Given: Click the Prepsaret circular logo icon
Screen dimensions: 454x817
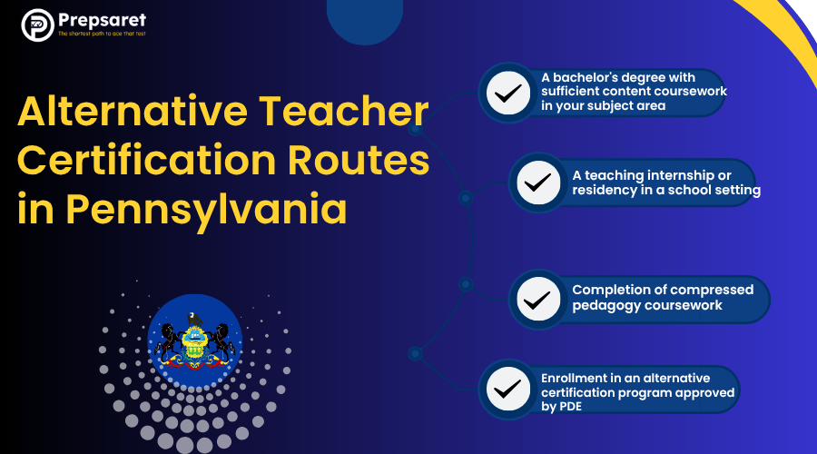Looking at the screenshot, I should click(x=36, y=25).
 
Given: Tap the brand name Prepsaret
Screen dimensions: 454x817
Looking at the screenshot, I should click(x=101, y=20).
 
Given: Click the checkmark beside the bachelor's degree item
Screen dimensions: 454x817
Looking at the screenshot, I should click(x=507, y=92).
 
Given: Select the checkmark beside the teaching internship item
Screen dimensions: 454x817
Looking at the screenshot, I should click(x=538, y=182).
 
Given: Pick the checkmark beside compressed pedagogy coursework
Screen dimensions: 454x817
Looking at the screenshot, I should click(x=538, y=298).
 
